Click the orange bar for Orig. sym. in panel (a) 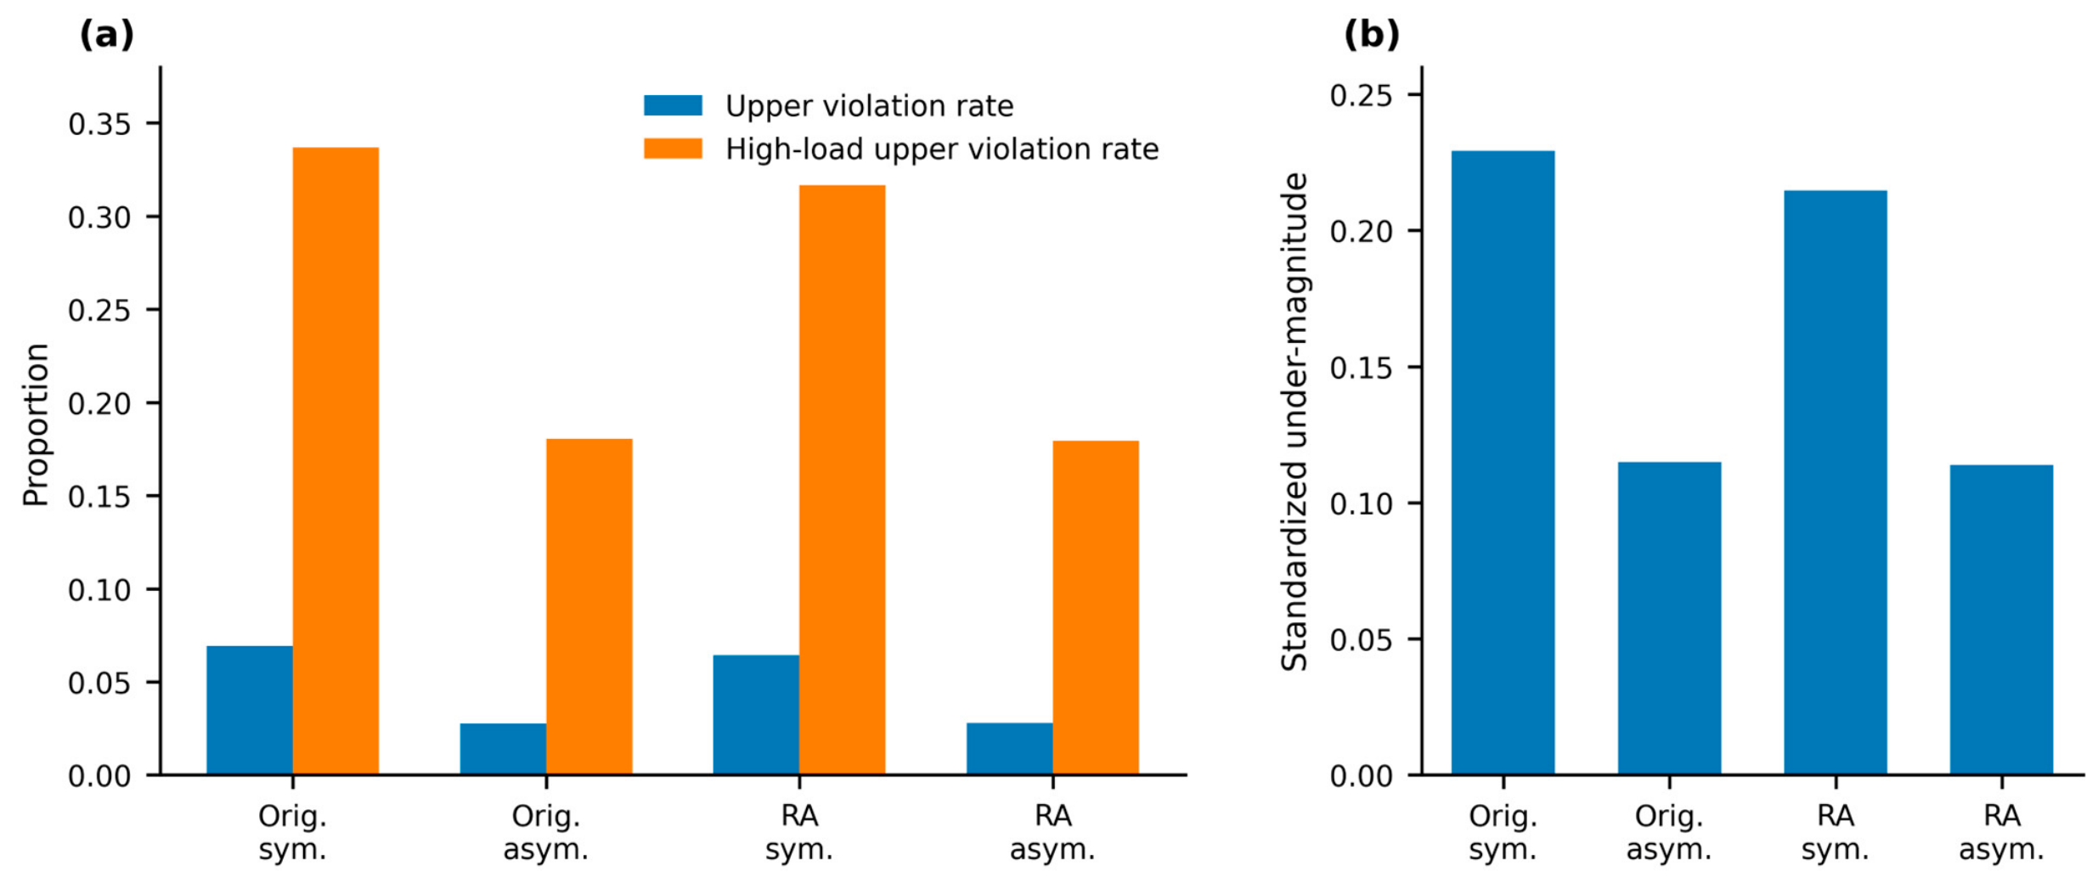336,461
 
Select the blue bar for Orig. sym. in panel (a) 250,711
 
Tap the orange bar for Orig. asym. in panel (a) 589,607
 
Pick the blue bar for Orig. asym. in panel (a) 503,749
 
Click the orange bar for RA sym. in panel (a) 842,480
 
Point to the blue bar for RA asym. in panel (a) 1009,749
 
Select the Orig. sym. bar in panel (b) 1503,463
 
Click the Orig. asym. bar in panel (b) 1669,618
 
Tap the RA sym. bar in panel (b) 1836,482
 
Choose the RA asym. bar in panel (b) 2001,620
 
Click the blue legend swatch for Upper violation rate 673,105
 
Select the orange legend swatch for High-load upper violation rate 673,149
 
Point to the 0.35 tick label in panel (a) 100,124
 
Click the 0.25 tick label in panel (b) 1362,95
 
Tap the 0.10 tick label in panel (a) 100,589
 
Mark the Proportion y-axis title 36,425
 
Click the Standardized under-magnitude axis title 1294,422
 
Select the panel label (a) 107,35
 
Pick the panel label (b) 1372,35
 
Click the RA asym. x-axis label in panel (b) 2001,832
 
